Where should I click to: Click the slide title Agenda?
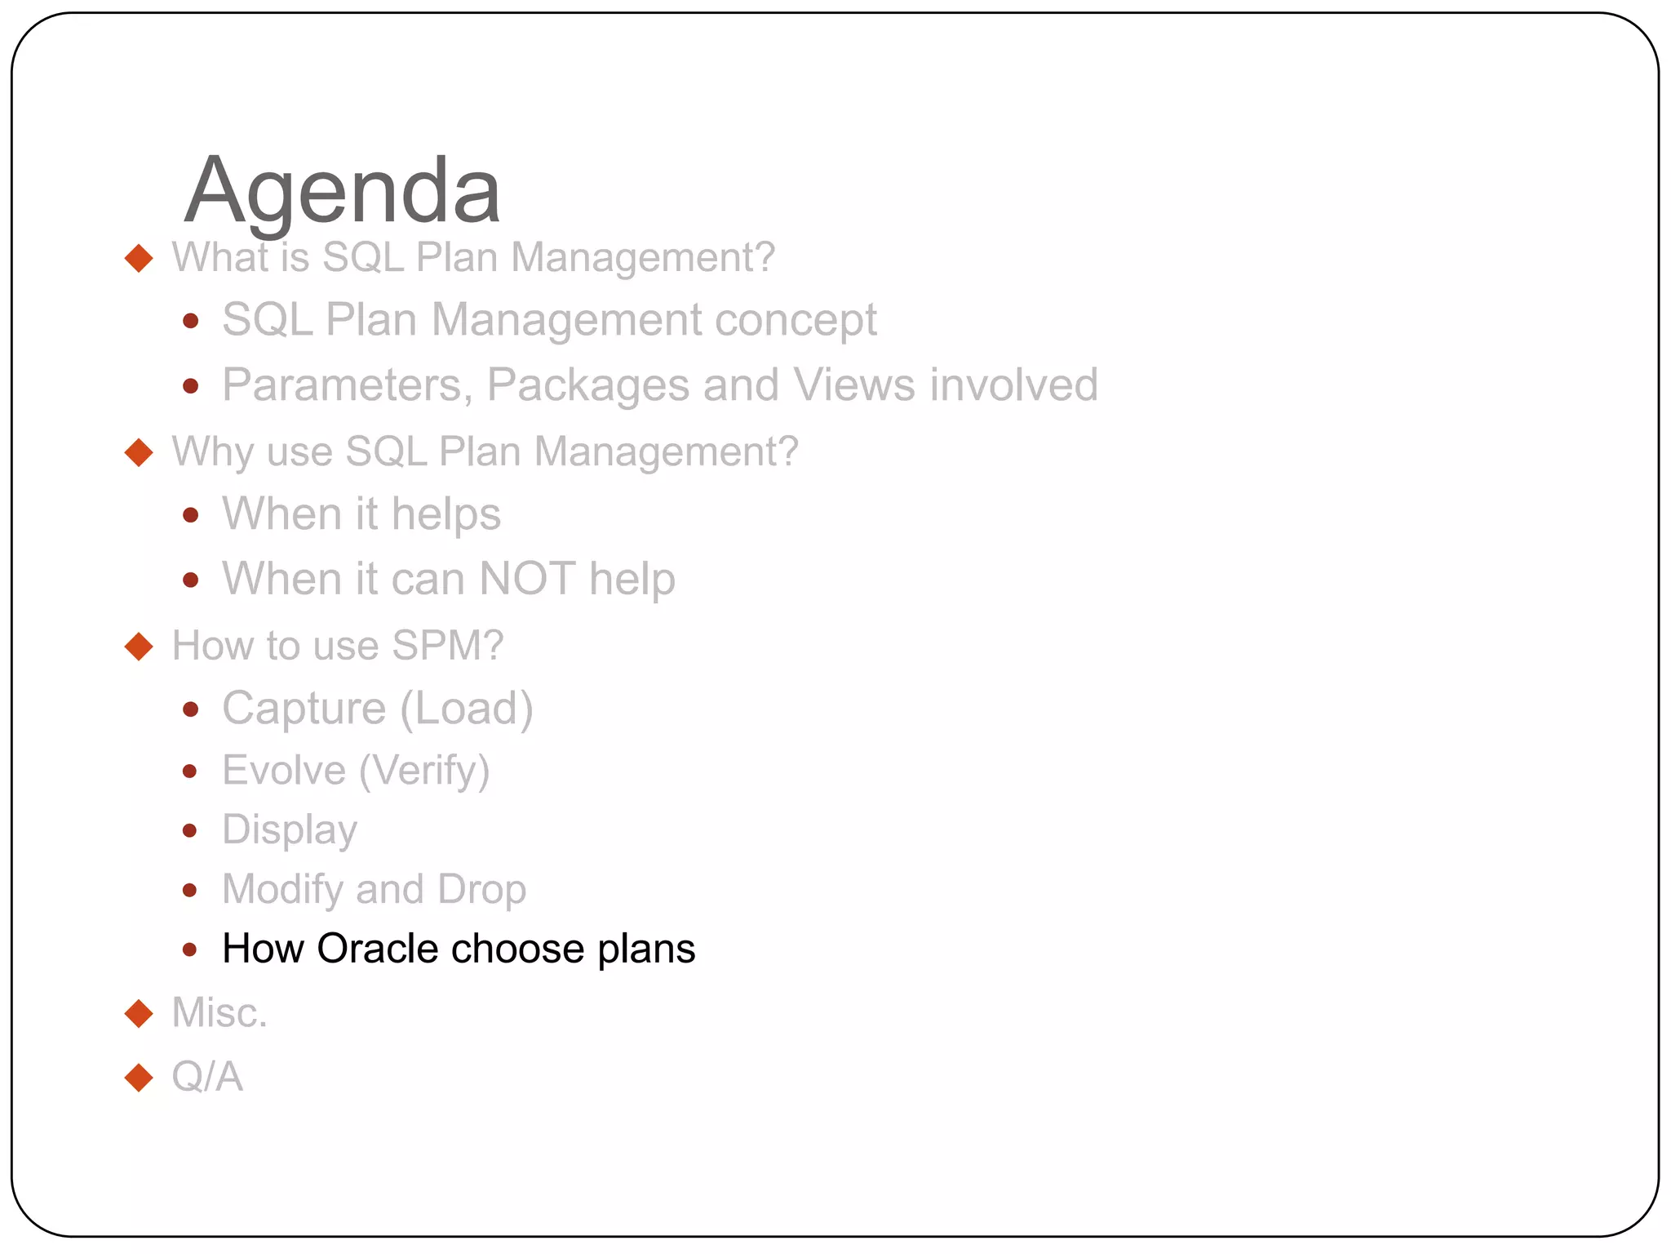click(342, 191)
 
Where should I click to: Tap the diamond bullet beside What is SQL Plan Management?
click(140, 258)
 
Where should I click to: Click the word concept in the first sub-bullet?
click(796, 320)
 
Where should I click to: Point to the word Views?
click(853, 385)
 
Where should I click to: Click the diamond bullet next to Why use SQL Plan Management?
click(140, 452)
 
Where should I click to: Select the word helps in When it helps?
click(445, 514)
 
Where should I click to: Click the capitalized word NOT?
click(527, 579)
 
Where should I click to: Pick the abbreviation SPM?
click(447, 646)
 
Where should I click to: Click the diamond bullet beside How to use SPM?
click(140, 647)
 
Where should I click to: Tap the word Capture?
click(304, 708)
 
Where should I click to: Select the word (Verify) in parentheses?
click(424, 771)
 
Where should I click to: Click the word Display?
click(290, 830)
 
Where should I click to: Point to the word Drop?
click(481, 889)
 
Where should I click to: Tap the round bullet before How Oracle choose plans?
click(190, 949)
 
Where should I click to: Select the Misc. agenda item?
click(219, 1013)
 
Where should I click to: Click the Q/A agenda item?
click(207, 1077)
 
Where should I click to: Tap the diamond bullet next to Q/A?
click(140, 1078)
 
